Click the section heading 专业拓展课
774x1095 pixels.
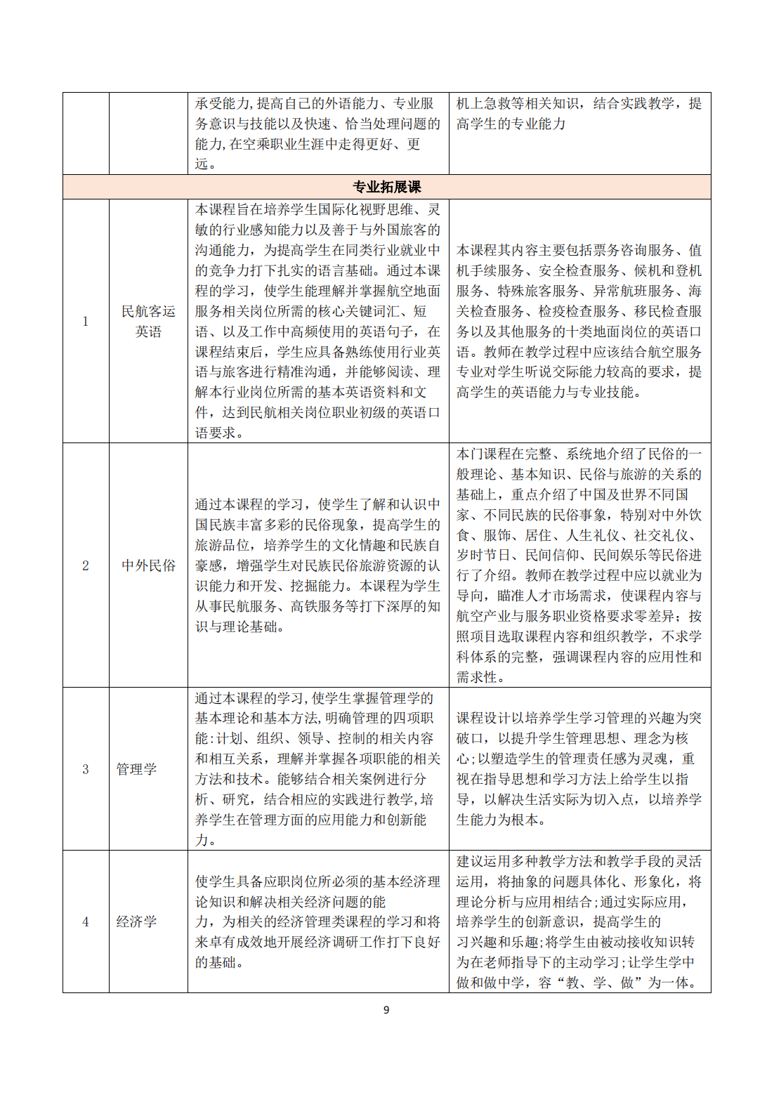tap(386, 187)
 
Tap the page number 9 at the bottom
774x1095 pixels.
tap(386, 1010)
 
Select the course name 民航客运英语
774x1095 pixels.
tap(148, 321)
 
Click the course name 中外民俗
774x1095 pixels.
tap(148, 565)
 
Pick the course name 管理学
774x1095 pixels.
tap(136, 769)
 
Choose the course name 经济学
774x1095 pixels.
tap(136, 922)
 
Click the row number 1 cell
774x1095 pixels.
tap(86, 321)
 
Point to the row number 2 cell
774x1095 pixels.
tap(86, 565)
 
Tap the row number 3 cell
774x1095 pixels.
tap(86, 769)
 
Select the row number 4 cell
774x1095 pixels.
tap(86, 922)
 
